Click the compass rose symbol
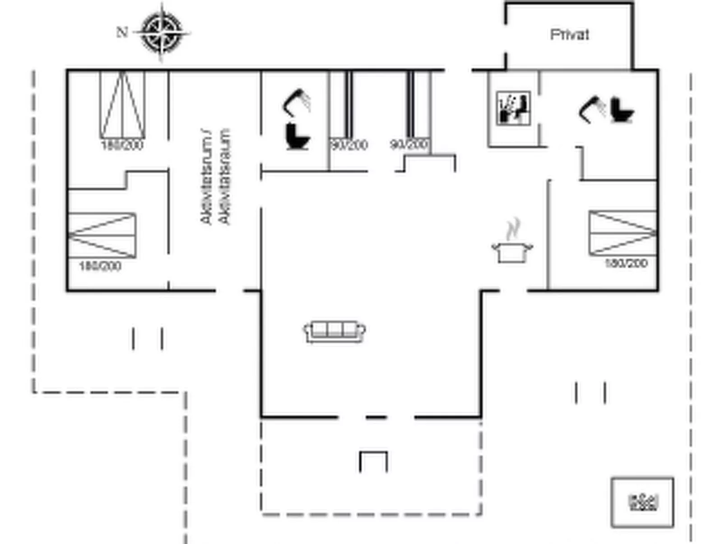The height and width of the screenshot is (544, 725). click(x=163, y=33)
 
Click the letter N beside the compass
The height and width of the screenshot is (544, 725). click(x=122, y=33)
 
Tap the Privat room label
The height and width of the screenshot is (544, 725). click(x=570, y=35)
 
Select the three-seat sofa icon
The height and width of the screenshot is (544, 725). click(x=334, y=332)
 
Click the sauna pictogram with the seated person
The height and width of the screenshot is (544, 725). click(x=513, y=108)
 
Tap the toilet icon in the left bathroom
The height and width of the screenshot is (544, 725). click(x=297, y=136)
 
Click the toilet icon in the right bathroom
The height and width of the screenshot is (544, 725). click(x=622, y=110)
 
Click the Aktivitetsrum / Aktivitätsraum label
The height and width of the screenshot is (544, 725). click(x=215, y=177)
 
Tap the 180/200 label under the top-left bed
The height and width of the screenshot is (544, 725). click(x=122, y=145)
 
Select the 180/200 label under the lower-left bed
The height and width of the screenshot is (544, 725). click(x=100, y=266)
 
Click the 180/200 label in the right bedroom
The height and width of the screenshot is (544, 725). click(x=626, y=263)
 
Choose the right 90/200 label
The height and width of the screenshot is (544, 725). click(x=409, y=144)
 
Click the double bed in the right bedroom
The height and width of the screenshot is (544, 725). click(x=623, y=233)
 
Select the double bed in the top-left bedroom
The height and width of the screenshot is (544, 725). click(x=122, y=105)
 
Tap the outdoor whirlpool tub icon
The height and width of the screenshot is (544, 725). click(x=642, y=502)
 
